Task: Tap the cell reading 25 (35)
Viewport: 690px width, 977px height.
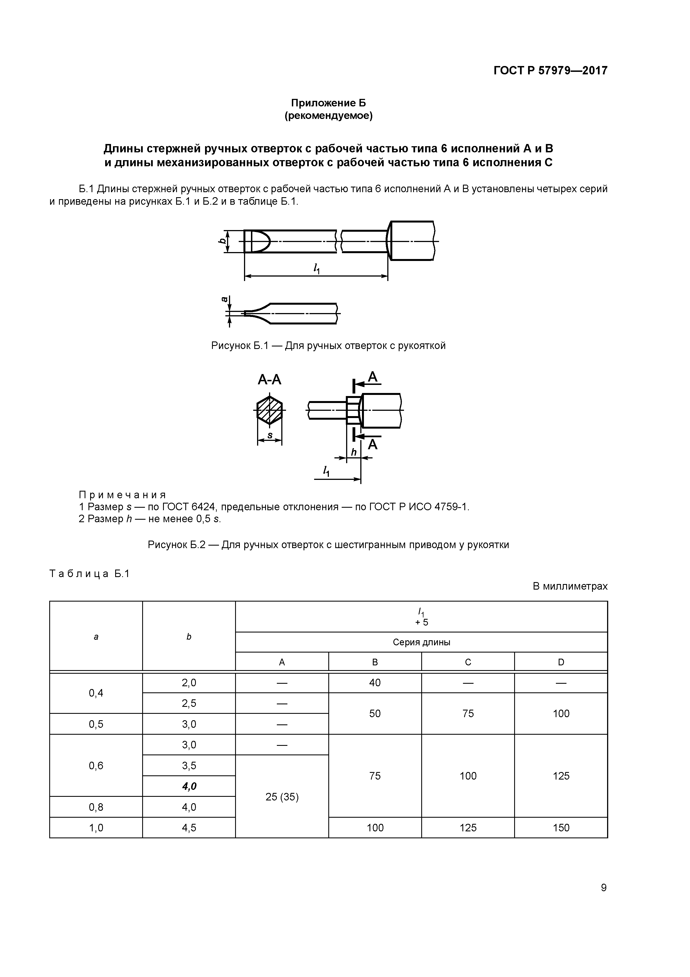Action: (x=282, y=797)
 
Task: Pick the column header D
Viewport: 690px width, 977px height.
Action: (x=561, y=662)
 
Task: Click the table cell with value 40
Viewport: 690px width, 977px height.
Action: (x=374, y=683)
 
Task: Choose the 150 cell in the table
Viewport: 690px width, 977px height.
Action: (x=561, y=828)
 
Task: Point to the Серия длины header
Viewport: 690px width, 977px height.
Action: (x=421, y=642)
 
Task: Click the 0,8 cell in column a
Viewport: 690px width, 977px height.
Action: (x=96, y=807)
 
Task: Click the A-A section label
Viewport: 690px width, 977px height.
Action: (x=270, y=379)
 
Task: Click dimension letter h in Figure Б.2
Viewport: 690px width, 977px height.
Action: (x=353, y=452)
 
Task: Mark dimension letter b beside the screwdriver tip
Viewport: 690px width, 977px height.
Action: (x=221, y=241)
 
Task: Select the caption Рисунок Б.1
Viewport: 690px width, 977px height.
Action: (x=328, y=346)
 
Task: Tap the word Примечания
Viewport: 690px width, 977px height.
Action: (x=122, y=495)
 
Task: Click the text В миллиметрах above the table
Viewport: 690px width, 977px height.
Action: (x=570, y=586)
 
